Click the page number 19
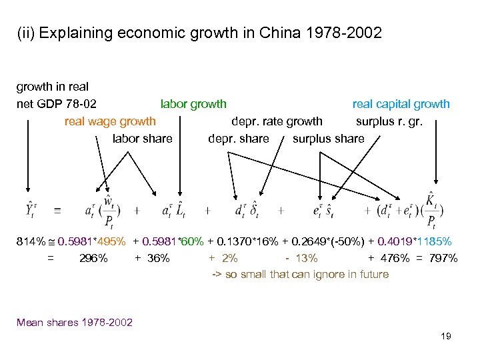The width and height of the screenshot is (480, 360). [446, 336]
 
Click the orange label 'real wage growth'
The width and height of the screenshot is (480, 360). [110, 121]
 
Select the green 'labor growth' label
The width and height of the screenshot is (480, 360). [193, 104]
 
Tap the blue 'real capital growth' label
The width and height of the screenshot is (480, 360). [401, 104]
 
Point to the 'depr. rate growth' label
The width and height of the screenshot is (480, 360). [277, 121]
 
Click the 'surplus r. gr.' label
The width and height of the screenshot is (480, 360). [389, 121]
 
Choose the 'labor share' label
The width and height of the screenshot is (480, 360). [143, 139]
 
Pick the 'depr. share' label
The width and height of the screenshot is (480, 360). [239, 139]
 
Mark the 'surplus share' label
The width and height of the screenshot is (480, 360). [329, 139]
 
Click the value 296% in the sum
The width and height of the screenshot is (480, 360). [93, 258]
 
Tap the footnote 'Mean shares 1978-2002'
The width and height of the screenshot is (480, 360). [75, 323]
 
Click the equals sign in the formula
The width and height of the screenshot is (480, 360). [57, 210]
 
